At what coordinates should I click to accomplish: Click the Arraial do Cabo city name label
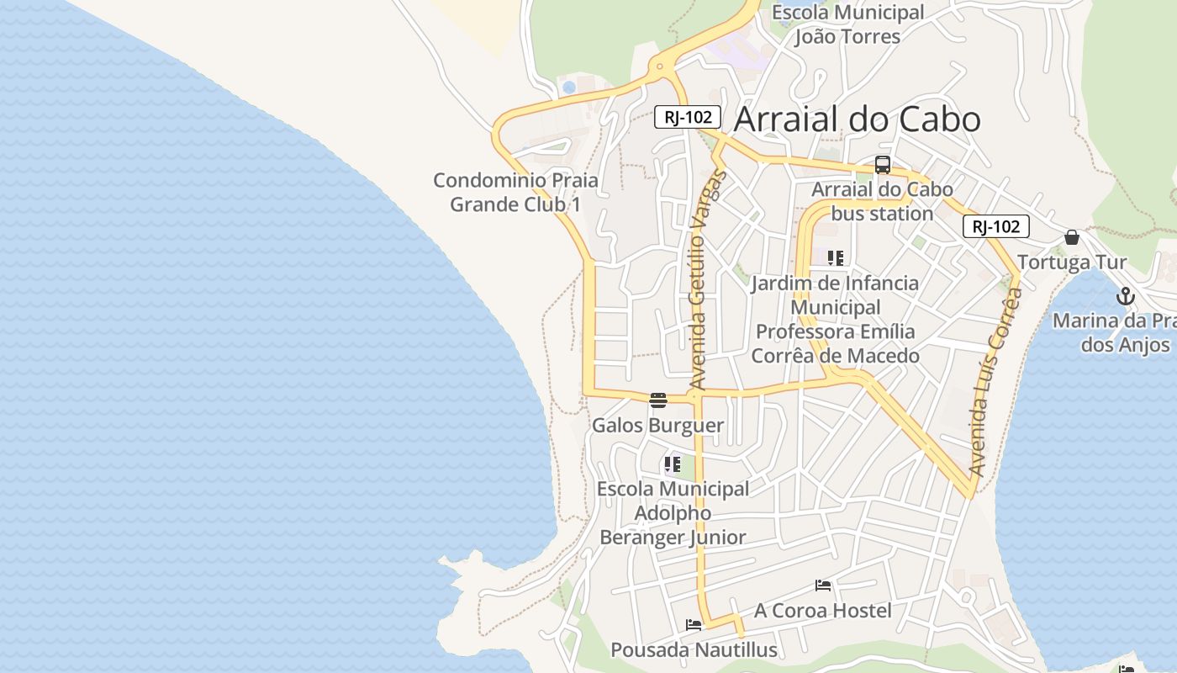(857, 119)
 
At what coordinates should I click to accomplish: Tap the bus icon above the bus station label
(882, 165)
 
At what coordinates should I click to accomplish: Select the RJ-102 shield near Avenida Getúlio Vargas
(688, 117)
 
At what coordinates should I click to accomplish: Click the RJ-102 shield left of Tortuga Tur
(996, 225)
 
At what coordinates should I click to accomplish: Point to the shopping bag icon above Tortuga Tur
(1072, 237)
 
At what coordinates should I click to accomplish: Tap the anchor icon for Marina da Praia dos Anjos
(1126, 296)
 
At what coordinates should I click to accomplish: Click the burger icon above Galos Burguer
(658, 400)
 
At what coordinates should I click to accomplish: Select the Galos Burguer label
(657, 425)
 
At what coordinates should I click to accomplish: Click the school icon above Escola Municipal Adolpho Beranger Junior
(673, 464)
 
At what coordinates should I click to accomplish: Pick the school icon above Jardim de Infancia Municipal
(835, 258)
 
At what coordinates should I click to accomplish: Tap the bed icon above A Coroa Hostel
(823, 586)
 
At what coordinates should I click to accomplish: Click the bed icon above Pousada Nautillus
(694, 625)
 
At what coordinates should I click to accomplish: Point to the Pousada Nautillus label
(694, 649)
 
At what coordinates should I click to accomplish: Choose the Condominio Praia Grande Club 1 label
(515, 192)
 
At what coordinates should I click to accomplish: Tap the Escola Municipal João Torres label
(847, 24)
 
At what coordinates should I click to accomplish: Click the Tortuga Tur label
(1072, 262)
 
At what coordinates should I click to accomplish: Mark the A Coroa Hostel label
(822, 610)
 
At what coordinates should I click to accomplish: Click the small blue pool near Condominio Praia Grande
(569, 87)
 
